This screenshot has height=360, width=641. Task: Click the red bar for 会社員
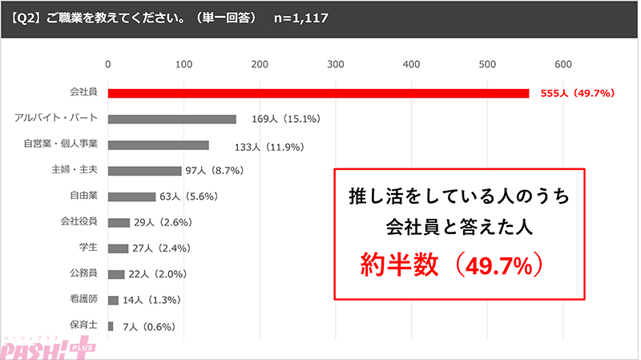pyautogui.click(x=318, y=93)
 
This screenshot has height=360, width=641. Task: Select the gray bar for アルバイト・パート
pyautogui.click(x=171, y=119)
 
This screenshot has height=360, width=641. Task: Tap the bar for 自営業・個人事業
pyautogui.click(x=158, y=145)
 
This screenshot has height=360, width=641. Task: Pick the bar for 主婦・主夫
pyautogui.click(x=144, y=171)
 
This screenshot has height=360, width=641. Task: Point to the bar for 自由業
pyautogui.click(x=131, y=196)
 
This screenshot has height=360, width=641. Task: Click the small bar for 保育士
pyautogui.click(x=111, y=326)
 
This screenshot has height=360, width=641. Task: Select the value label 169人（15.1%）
pyautogui.click(x=285, y=119)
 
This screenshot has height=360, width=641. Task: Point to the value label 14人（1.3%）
pyautogui.click(x=159, y=300)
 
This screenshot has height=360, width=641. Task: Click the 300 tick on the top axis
pyautogui.click(x=336, y=65)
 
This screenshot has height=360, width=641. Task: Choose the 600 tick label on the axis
pyautogui.click(x=563, y=65)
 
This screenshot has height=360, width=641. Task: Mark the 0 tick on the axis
pyautogui.click(x=108, y=65)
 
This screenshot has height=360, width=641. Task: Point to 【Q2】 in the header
pyautogui.click(x=26, y=17)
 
